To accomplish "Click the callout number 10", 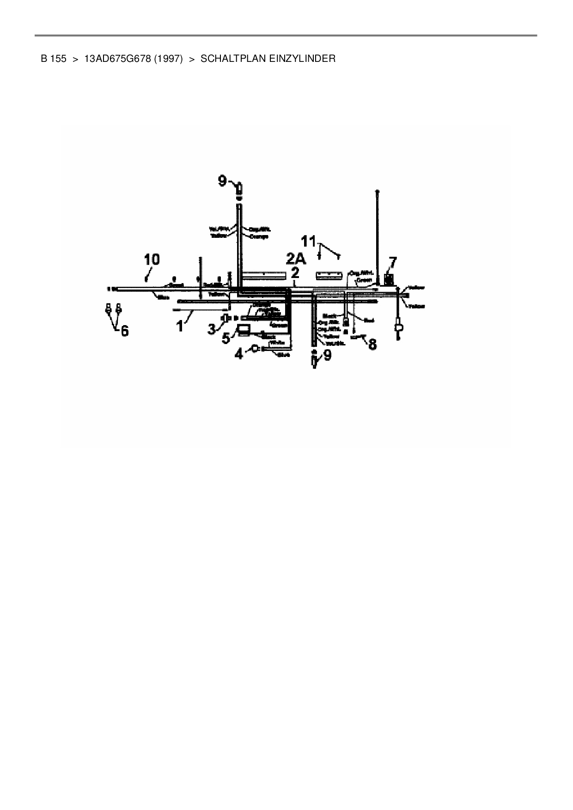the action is pos(152,260).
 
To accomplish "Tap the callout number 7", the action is pos(393,263).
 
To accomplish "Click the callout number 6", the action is pos(124,331).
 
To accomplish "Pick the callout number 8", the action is pos(372,344).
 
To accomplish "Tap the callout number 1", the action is pos(180,326).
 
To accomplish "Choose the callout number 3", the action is pos(212,329).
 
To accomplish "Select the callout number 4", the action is pos(239,355).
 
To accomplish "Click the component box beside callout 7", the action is pos(389,279).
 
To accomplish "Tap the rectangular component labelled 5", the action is pos(243,329).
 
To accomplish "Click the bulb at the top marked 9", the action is pos(239,189).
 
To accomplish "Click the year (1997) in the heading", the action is pos(169,59).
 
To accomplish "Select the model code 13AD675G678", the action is pos(118,59).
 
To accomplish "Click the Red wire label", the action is pos(369,320).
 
